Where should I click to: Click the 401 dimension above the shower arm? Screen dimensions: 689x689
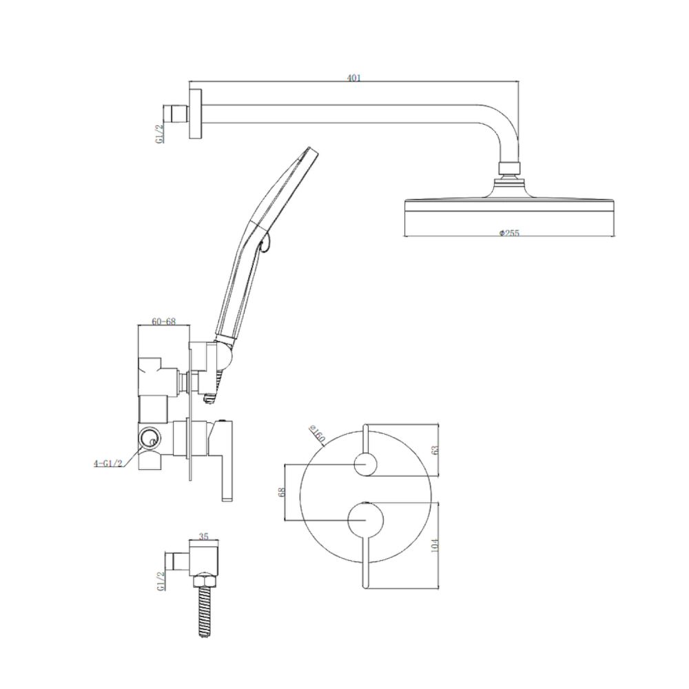point(353,79)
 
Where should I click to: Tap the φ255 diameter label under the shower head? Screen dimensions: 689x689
point(509,232)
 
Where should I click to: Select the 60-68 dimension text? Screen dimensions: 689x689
point(163,321)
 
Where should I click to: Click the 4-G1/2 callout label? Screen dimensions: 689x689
point(107,463)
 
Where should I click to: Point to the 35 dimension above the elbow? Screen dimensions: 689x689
point(203,536)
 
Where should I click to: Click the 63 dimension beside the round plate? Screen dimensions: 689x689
point(435,451)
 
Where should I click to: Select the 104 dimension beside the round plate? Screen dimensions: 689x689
point(435,545)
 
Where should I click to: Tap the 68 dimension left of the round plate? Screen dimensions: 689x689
point(282,492)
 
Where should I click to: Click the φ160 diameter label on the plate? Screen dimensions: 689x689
point(316,433)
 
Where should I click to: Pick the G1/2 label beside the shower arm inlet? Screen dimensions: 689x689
point(160,133)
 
